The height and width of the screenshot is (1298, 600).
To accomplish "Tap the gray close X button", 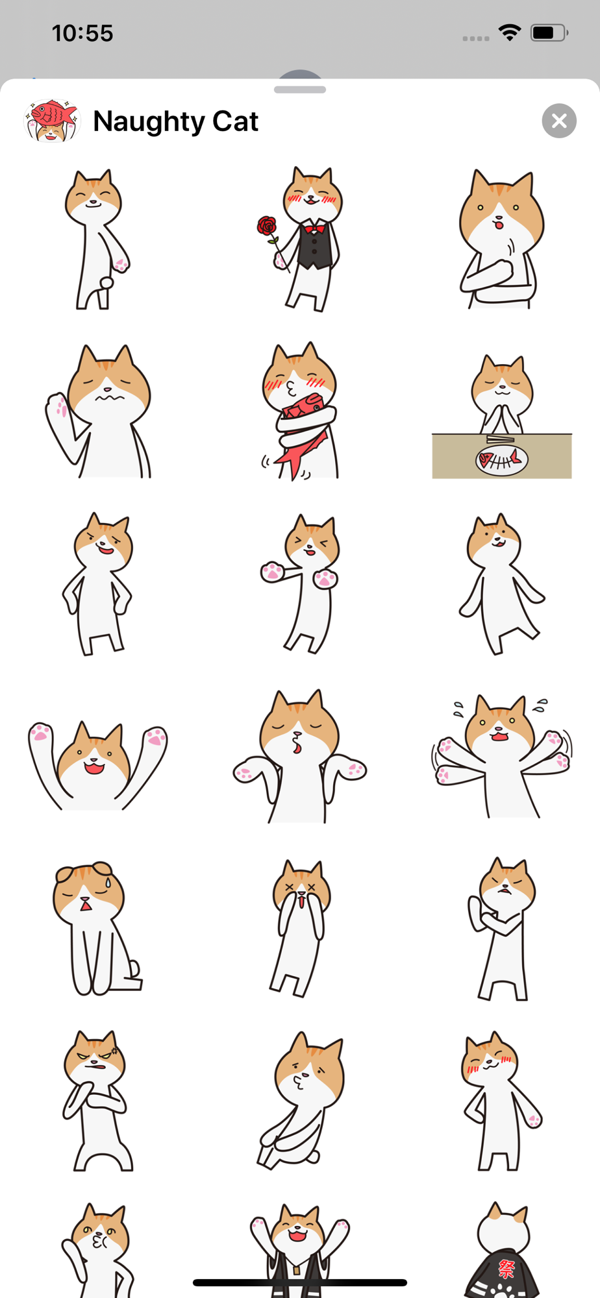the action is pos(559,121).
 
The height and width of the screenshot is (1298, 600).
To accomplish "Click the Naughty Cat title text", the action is pos(175,121).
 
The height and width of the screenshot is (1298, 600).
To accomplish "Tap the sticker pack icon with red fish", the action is pos(51,121).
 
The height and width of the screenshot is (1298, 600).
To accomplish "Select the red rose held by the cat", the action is pos(267,227).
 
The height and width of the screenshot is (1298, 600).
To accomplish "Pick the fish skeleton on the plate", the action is pos(501,460).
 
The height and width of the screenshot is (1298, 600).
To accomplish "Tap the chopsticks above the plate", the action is pos(501,440).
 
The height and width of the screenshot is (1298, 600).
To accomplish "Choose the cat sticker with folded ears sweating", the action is pos(97,928).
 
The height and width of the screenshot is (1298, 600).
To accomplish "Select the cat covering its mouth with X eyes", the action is pos(299,928).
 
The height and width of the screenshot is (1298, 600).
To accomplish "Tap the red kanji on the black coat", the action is pos(506,1268).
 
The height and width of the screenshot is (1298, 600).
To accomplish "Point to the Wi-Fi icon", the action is pos(510,32).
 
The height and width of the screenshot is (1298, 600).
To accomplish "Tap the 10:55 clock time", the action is pos(82,33).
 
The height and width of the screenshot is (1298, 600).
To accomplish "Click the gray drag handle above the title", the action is pos(300,90).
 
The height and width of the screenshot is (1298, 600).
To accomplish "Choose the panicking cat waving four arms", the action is pos(501,756).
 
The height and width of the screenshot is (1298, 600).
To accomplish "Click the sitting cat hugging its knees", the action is pos(299,1101).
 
